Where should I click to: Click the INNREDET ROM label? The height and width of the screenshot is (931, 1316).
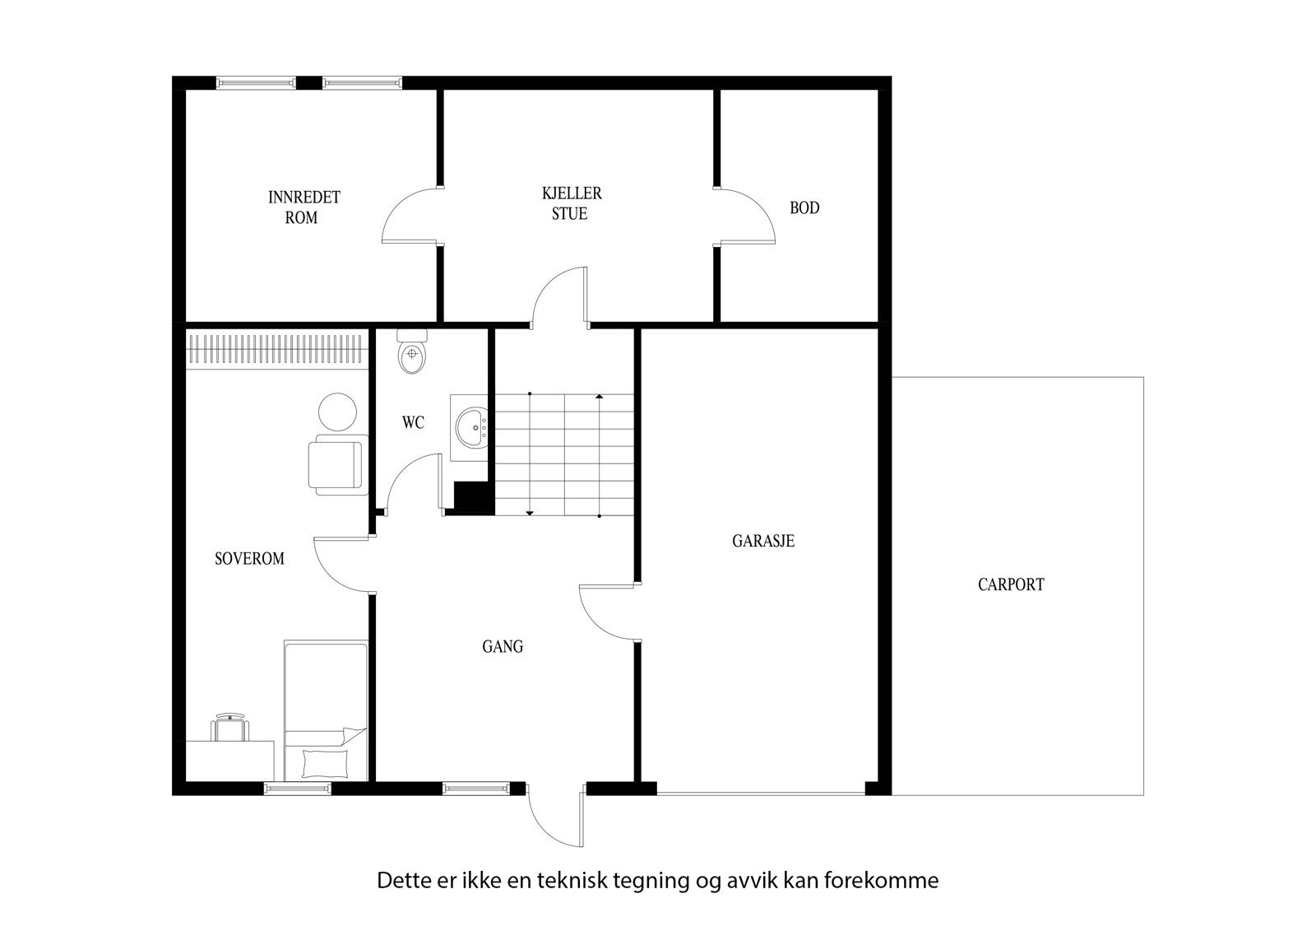tap(303, 207)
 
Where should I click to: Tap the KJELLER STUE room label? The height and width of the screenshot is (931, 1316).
tap(571, 203)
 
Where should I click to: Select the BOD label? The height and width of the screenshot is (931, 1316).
tap(804, 208)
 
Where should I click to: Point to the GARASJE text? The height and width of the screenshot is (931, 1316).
tap(762, 541)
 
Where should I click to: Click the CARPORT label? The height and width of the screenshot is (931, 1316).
tap(1011, 584)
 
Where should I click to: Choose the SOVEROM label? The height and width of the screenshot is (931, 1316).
tap(249, 559)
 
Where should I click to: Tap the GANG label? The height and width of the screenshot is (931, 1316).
tap(503, 647)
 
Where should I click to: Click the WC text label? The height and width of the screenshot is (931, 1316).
tap(413, 423)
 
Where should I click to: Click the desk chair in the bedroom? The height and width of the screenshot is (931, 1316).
tap(230, 729)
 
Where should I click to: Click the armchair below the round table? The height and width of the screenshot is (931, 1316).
tap(336, 467)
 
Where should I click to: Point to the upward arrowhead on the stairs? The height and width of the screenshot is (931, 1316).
tap(600, 398)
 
